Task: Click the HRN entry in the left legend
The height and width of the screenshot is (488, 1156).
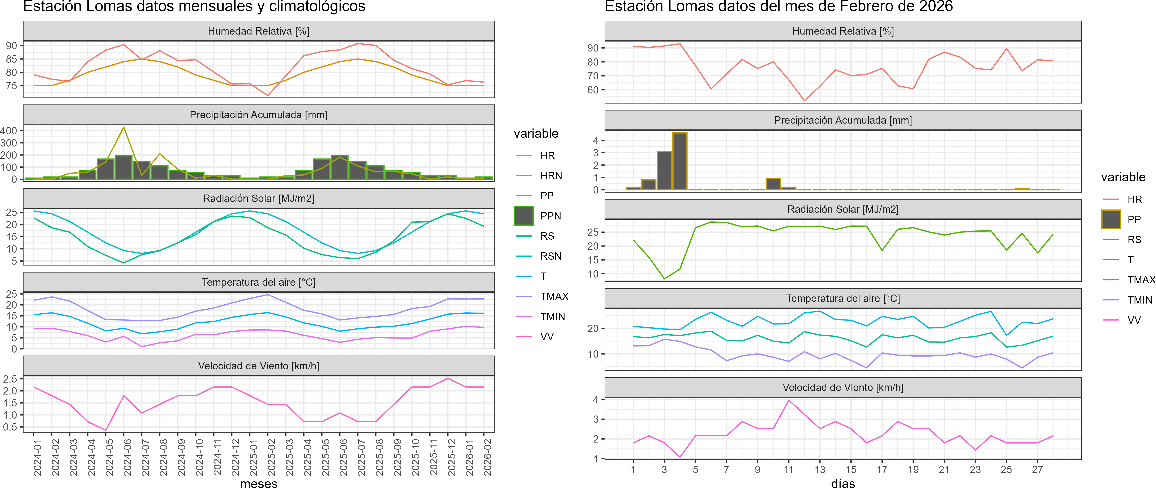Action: (x=551, y=176)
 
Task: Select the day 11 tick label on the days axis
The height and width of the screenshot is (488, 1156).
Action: (x=789, y=470)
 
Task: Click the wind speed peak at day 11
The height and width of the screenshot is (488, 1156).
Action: (x=789, y=400)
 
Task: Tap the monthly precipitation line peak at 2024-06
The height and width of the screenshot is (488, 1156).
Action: (x=124, y=127)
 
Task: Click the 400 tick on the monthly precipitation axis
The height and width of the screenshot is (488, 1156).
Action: (x=9, y=131)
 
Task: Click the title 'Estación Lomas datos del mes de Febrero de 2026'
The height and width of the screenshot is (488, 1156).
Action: (x=778, y=7)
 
